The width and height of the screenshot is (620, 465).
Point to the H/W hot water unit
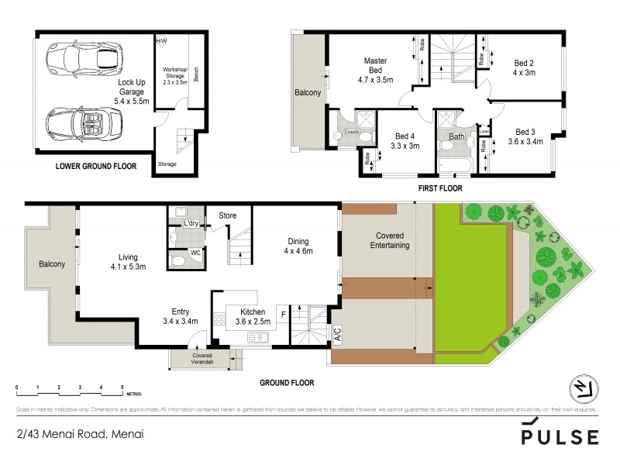coord(162,40)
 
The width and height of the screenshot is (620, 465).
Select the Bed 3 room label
coord(525,131)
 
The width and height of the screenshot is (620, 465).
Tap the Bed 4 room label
coord(405,135)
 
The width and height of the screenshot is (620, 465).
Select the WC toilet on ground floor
coord(178,259)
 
